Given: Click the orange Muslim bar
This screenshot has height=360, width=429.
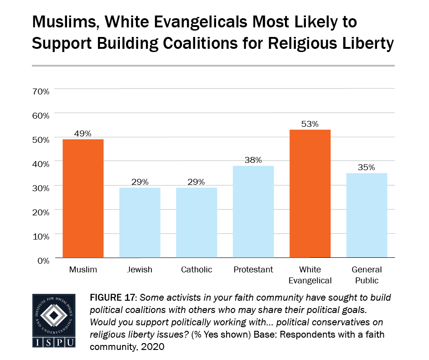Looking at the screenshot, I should coord(83,198).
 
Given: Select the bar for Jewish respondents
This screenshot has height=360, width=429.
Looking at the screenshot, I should coord(140,222).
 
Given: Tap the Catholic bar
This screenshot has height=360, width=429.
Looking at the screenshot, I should coord(196,222).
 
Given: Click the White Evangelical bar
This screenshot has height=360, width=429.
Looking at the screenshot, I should coord(310,193).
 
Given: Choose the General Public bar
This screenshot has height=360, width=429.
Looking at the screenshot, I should coord(367,215).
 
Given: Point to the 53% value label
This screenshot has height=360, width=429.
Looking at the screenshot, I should coord(310,124).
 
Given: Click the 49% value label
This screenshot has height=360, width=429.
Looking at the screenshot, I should coord(83,134).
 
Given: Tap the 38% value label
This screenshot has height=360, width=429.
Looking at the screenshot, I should coord(253,160).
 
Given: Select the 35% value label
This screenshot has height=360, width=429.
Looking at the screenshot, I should coord(367,167).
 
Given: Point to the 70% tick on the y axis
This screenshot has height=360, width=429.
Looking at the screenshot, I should coord(41,91).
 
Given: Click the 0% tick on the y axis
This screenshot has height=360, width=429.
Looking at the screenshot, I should coord(43,261).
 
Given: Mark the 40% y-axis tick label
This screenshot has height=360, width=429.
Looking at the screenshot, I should coord(41,164).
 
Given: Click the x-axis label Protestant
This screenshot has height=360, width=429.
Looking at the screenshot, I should coord(253,270).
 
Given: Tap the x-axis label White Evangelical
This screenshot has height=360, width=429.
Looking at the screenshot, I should coord(310,275).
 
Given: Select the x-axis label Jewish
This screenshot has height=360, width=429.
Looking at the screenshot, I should coord(140,270).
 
